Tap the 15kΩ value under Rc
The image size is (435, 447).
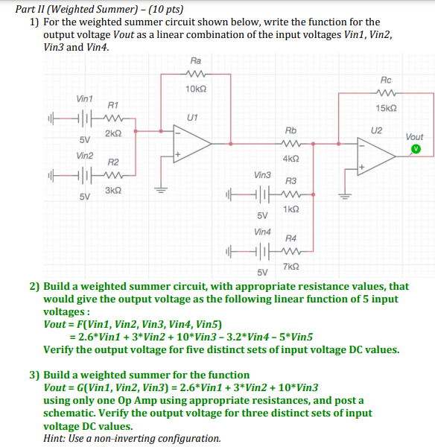point(386,108)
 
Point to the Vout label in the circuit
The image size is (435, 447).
point(415,137)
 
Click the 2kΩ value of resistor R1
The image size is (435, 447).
point(112,133)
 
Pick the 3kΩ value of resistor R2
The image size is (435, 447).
point(112,191)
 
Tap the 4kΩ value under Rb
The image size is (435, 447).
point(291,159)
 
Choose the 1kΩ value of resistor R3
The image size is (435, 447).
point(291,209)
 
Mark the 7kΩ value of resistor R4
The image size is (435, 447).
point(291,266)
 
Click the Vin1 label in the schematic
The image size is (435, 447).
point(85,98)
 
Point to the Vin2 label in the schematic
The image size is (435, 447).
point(85,156)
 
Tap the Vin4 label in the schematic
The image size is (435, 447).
point(263,232)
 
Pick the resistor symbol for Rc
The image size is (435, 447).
point(386,93)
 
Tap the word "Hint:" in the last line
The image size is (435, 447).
point(57,438)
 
